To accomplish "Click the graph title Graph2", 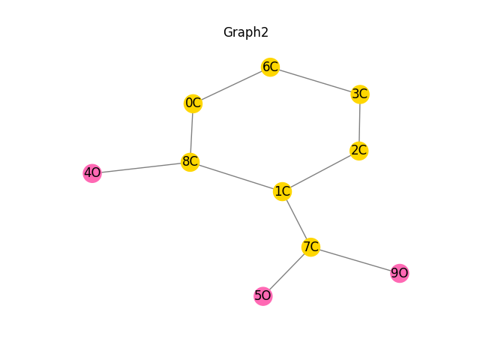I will tap(246, 33).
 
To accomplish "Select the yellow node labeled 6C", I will tap(270, 67).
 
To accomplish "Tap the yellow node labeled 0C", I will tap(193, 103).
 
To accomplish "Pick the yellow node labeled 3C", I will tap(360, 94).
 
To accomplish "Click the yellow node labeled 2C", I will tap(359, 150).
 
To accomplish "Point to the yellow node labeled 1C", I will tap(283, 191).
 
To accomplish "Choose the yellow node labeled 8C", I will tap(190, 162).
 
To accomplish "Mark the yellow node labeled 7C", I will tap(310, 246).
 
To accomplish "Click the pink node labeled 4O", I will tap(92, 173).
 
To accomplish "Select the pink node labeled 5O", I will tap(262, 296).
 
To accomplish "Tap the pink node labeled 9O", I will tap(400, 273).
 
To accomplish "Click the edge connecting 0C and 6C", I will tap(231, 85).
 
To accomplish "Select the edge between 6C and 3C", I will tap(315, 80).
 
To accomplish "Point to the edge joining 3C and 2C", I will tap(360, 122).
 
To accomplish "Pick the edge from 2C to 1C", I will tap(321, 171).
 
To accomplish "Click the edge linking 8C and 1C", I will tap(236, 177).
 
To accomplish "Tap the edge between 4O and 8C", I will tap(141, 168).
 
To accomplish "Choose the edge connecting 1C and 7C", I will tap(296, 218).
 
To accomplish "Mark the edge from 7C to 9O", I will tap(355, 259).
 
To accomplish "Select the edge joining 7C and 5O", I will tap(286, 271).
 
